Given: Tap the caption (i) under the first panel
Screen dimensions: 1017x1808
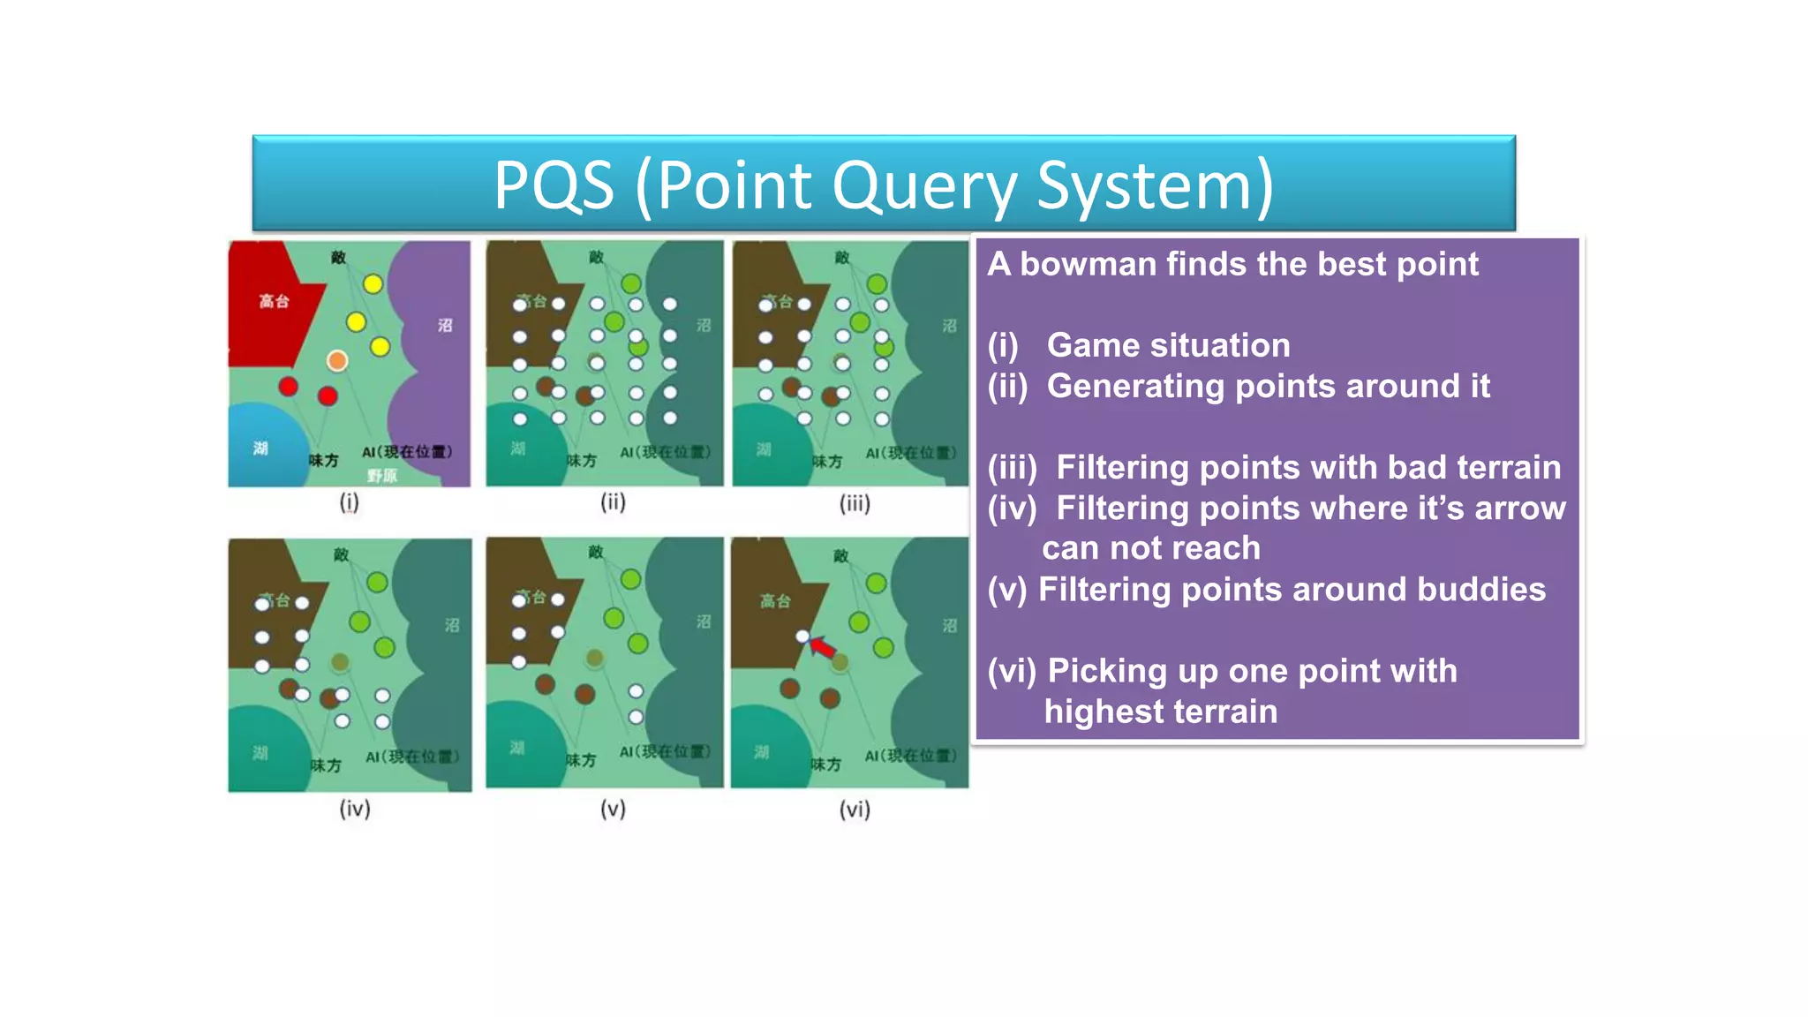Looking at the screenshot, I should tap(349, 502).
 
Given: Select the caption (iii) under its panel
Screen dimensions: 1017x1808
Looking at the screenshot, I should tap(854, 503).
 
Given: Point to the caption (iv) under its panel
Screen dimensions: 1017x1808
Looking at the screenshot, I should tap(354, 809).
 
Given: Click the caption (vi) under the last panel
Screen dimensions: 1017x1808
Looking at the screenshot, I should tap(854, 810).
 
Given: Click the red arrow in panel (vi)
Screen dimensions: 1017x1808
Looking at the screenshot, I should tap(823, 648).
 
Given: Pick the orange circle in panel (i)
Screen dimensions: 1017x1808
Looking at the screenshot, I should tap(337, 360).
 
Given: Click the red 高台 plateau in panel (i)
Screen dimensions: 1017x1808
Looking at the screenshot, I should tap(265, 305).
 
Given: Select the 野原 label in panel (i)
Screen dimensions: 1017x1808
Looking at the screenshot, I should tap(382, 476).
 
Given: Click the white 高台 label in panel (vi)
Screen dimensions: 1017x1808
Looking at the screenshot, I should tap(775, 601).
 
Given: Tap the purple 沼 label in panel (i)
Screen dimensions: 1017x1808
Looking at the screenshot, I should tap(445, 325).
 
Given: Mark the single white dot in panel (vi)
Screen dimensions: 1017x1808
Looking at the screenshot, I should tap(802, 636).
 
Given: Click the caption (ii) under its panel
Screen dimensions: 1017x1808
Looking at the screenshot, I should tap(613, 502).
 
